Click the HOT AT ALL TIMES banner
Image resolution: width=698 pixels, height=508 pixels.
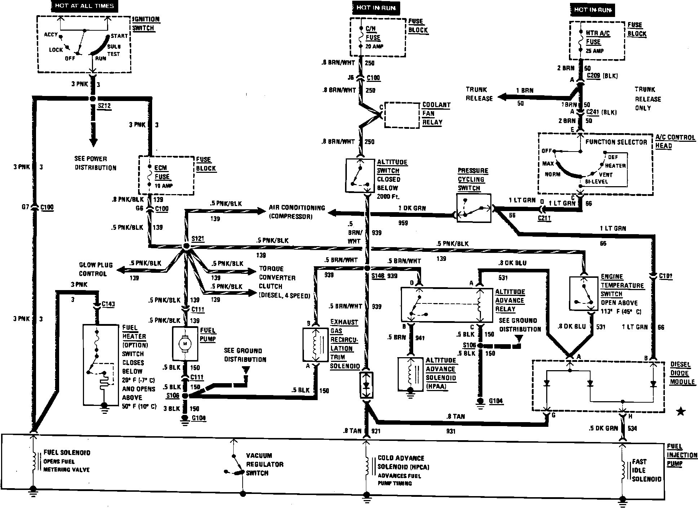(84, 6)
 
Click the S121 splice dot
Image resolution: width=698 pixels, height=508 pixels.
(186, 246)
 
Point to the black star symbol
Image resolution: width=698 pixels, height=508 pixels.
(681, 411)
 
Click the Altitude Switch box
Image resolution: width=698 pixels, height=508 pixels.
(360, 175)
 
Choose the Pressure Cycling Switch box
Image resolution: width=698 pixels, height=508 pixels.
(473, 208)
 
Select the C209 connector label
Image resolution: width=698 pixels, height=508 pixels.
(593, 76)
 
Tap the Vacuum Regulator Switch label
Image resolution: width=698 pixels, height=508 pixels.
(265, 464)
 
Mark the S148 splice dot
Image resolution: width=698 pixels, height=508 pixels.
(367, 268)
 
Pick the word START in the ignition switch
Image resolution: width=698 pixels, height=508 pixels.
(119, 36)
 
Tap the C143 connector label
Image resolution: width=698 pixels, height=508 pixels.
(108, 304)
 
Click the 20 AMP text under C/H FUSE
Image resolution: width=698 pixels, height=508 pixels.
(375, 47)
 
